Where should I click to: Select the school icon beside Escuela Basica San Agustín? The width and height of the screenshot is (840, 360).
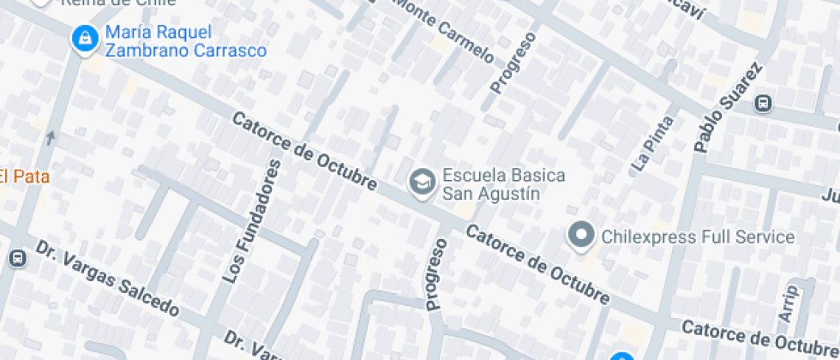421,183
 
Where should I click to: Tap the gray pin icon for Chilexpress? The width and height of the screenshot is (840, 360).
582,235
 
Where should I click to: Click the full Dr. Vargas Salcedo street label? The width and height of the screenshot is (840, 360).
107,278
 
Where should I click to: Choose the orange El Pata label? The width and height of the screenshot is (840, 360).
24,177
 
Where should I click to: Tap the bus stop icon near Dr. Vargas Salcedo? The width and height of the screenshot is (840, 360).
16,258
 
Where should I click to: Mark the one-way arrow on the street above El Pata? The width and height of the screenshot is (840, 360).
51,136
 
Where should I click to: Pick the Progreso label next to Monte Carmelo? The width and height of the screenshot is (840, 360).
513,63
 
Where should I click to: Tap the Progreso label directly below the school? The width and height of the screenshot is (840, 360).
436,273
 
